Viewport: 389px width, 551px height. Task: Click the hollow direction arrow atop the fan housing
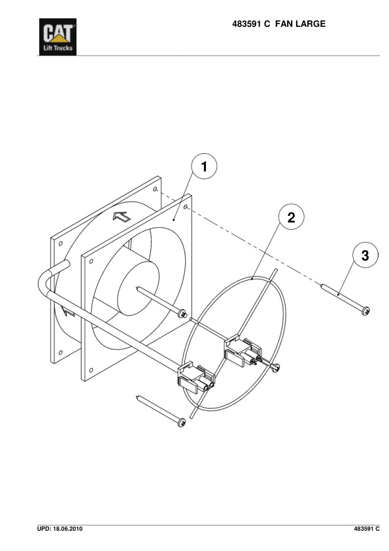pyautogui.click(x=122, y=217)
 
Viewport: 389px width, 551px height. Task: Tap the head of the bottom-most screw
pyautogui.click(x=180, y=424)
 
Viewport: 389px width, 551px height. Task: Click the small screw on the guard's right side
pyautogui.click(x=278, y=367)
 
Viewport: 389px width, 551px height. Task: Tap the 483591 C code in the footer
pyautogui.click(x=366, y=528)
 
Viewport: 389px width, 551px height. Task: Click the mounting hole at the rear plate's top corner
pyautogui.click(x=156, y=190)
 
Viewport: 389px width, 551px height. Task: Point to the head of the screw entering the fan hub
pyautogui.click(x=184, y=315)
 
